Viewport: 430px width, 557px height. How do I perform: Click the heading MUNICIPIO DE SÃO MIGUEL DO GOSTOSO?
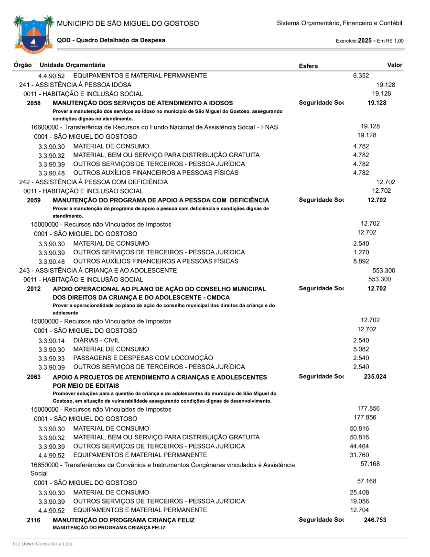128,23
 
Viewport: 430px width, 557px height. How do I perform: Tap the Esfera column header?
308,66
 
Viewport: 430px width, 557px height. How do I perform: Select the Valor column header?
395,65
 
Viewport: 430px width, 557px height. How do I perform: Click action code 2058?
33,103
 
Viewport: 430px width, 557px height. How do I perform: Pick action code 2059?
33,200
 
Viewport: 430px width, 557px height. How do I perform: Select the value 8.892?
361,261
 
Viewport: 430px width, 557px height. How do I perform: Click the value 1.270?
361,252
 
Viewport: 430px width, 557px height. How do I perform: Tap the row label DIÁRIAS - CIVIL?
97,340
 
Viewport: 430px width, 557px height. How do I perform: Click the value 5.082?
361,349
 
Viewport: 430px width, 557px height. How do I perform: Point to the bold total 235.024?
375,377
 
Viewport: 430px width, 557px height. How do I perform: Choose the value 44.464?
359,446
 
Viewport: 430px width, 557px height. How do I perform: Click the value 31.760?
359,455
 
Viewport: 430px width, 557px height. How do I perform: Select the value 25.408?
359,492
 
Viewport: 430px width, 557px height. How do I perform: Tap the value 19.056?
359,501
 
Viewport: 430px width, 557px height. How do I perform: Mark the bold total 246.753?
375,520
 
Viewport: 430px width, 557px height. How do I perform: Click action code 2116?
33,520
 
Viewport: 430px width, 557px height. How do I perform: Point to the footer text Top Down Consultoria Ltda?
43,544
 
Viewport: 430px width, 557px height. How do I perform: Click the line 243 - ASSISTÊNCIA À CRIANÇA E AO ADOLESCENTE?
98,271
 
